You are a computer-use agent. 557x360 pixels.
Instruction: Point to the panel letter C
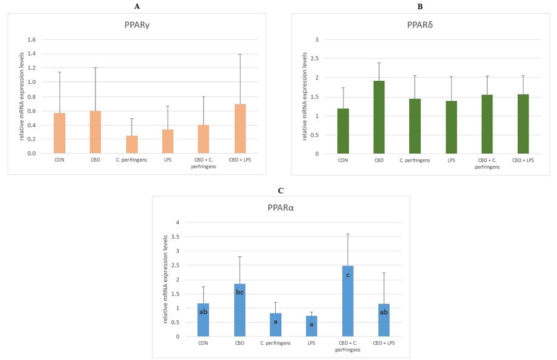click(281, 191)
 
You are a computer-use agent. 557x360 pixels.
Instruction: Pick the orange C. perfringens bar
click(132, 145)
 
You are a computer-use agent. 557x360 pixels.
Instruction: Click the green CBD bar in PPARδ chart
click(380, 118)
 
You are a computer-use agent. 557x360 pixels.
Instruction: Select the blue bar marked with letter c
click(348, 301)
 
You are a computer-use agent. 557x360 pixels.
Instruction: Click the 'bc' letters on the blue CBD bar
click(240, 292)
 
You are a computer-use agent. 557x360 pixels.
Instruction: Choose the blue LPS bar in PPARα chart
click(311, 326)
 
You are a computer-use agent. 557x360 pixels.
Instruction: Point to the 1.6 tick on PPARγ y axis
click(31, 40)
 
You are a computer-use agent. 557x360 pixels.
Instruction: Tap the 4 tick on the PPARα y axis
click(177, 223)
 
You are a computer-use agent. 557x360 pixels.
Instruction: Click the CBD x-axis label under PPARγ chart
click(95, 160)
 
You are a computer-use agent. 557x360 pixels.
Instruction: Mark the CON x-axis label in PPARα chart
click(203, 344)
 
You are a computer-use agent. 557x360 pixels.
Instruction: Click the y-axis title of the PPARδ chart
click(305, 96)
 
